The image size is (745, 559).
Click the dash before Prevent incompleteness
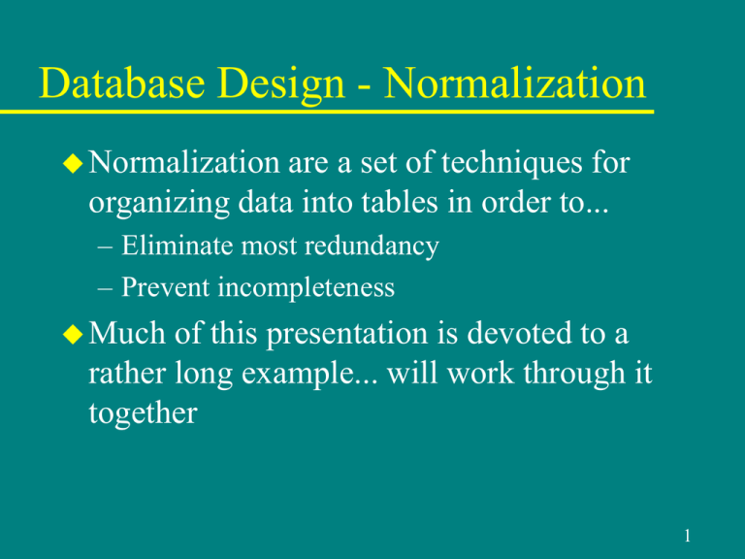coord(107,288)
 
